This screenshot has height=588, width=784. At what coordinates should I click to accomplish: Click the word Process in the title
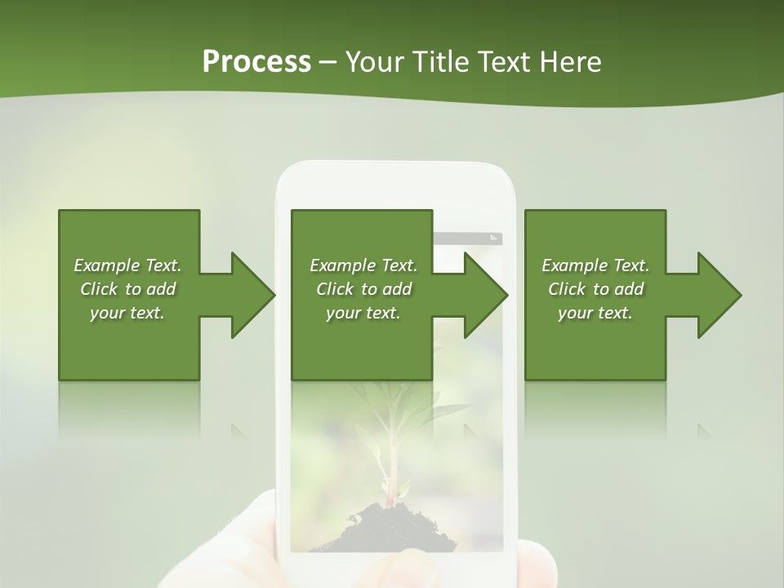tap(256, 62)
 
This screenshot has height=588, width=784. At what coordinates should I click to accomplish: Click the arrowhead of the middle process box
tap(485, 295)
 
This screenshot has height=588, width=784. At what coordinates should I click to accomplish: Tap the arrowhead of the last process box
tap(719, 295)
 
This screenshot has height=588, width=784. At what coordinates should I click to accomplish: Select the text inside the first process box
tap(127, 289)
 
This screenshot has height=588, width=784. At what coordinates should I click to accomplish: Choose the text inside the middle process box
tap(363, 289)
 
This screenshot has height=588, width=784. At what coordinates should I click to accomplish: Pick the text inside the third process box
tap(595, 289)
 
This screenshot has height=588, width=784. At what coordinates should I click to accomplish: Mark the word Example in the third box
tap(573, 265)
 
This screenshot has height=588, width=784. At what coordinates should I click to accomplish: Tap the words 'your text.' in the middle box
tap(363, 313)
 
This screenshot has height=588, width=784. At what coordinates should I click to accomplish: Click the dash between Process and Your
tap(328, 62)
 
